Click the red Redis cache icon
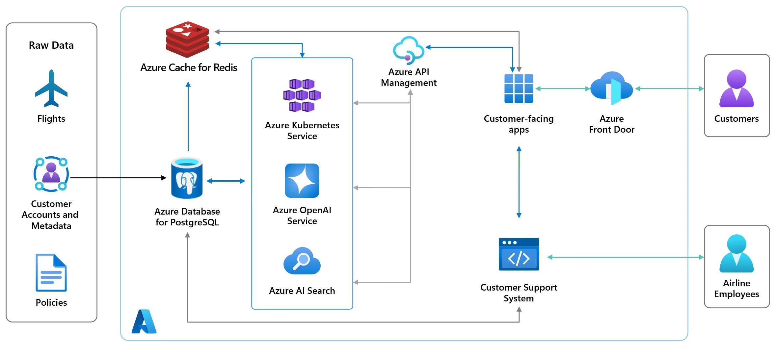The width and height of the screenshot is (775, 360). point(187,39)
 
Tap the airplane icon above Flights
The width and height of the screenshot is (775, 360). point(51,89)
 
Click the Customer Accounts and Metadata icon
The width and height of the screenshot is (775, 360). point(51,174)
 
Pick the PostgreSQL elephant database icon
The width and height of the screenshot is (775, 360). point(187,178)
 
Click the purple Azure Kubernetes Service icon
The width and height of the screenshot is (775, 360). point(302,95)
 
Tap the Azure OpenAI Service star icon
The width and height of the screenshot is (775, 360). point(302,181)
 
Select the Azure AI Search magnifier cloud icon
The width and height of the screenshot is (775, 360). point(302,261)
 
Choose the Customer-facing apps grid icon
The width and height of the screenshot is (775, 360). point(519,89)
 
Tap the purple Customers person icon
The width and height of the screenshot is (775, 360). point(736,89)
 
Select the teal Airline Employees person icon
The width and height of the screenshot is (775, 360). point(736,254)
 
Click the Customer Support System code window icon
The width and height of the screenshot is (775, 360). point(519,254)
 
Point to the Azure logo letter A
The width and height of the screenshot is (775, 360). point(144,321)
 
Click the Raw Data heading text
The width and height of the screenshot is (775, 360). point(51,45)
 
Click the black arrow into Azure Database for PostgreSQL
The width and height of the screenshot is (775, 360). point(119,178)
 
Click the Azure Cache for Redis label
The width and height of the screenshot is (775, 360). point(189,67)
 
